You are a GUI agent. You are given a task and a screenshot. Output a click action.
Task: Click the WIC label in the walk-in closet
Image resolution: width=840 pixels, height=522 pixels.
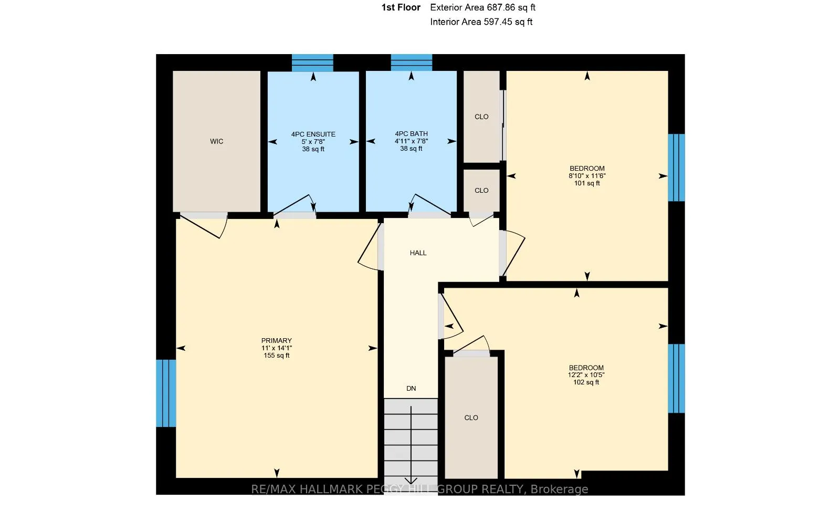[x=216, y=141]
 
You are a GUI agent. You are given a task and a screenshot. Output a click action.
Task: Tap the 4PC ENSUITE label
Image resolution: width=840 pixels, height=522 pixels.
[x=313, y=134]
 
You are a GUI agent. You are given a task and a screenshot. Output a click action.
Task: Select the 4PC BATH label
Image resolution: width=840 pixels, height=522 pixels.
[x=411, y=134]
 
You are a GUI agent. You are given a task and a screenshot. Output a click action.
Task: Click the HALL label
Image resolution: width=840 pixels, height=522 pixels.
[x=418, y=253]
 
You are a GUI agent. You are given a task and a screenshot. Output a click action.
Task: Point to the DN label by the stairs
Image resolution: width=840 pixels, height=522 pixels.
[x=411, y=389]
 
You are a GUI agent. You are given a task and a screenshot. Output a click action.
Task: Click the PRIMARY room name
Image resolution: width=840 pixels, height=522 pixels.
[x=276, y=340]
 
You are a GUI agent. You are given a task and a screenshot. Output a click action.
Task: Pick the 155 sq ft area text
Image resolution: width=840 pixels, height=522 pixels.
[x=276, y=356]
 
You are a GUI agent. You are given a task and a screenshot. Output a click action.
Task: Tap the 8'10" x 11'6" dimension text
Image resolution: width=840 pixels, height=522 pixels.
[x=587, y=176]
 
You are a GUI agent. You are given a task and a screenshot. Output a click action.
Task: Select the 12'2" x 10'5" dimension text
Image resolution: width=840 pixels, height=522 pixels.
[x=586, y=375]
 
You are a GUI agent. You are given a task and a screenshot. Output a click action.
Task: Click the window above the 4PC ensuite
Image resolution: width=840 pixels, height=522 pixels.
[x=312, y=62]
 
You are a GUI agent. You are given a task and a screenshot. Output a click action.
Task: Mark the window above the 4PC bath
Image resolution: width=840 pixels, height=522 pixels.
[x=412, y=62]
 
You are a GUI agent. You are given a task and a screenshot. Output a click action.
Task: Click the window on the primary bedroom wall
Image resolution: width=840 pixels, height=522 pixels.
[x=166, y=393]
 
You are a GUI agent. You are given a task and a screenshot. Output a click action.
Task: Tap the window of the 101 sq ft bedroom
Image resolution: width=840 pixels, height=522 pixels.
[x=677, y=168]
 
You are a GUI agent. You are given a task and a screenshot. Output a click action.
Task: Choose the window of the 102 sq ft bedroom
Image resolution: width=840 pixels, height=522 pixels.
[x=677, y=379]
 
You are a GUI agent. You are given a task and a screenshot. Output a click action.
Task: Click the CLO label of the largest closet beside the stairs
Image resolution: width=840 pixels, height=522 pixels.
[x=471, y=417]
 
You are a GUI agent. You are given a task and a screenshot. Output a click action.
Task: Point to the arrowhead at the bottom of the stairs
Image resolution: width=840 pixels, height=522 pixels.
[x=411, y=481]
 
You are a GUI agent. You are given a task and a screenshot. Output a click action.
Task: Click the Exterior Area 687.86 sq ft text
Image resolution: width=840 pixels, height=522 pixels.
[x=482, y=7]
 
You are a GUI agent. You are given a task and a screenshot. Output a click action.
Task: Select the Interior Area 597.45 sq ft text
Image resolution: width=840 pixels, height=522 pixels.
[x=481, y=22]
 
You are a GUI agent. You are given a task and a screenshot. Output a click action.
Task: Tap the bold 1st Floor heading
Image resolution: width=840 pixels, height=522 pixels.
[x=401, y=7]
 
